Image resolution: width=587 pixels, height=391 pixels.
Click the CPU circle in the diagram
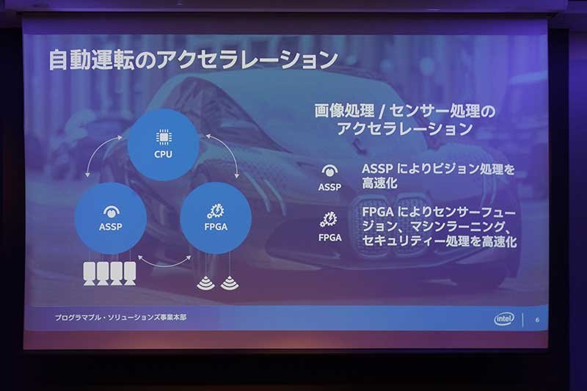click(x=163, y=145)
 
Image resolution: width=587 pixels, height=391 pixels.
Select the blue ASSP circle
click(x=111, y=218)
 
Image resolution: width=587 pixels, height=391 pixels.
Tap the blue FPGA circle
click(x=216, y=218)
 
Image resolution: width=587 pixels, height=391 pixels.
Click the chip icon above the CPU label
click(x=164, y=137)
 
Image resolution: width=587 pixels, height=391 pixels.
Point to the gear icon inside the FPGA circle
click(x=216, y=211)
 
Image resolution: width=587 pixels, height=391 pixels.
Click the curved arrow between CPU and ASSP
click(x=98, y=150)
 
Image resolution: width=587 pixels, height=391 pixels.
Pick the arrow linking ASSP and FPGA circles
click(x=164, y=264)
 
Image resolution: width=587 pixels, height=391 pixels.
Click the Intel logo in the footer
click(x=504, y=319)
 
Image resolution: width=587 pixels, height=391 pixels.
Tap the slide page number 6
click(x=538, y=320)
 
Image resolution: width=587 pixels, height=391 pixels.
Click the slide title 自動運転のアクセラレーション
click(x=193, y=60)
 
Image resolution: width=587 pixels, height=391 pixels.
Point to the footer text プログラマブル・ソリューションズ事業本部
click(x=120, y=318)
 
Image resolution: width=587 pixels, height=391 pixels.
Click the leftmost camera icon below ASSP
click(x=90, y=274)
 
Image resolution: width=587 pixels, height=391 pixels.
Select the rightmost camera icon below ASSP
click(x=130, y=274)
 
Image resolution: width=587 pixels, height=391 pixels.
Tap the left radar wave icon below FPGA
click(x=206, y=283)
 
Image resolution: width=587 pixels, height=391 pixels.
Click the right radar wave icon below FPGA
click(x=230, y=283)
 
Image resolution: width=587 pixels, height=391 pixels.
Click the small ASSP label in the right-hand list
click(x=329, y=187)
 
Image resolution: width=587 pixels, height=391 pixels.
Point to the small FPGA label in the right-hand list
click(x=329, y=237)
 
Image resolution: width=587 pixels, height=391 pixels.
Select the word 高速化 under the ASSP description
click(x=379, y=183)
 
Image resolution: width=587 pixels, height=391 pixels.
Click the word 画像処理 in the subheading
click(x=344, y=111)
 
